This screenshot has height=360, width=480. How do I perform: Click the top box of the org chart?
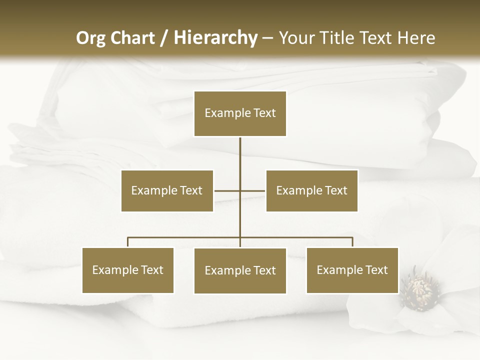pyautogui.click(x=240, y=113)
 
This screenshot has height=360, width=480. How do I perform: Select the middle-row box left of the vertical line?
pyautogui.click(x=167, y=190)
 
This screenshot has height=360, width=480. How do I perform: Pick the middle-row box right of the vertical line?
pyautogui.click(x=311, y=190)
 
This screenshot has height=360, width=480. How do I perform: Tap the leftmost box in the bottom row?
pyautogui.click(x=128, y=270)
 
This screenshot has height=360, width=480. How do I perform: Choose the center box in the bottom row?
pyautogui.click(x=240, y=270)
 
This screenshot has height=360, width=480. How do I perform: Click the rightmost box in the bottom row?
pyautogui.click(x=352, y=270)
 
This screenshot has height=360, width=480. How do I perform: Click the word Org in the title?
pyautogui.click(x=89, y=38)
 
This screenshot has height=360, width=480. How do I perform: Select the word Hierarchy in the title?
pyautogui.click(x=215, y=38)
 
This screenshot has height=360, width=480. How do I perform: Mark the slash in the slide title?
pyautogui.click(x=164, y=38)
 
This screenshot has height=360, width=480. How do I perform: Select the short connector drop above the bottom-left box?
pyautogui.click(x=128, y=242)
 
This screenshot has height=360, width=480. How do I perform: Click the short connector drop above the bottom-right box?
pyautogui.click(x=352, y=242)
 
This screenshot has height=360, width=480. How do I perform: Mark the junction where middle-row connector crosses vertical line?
pyautogui.click(x=240, y=190)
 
